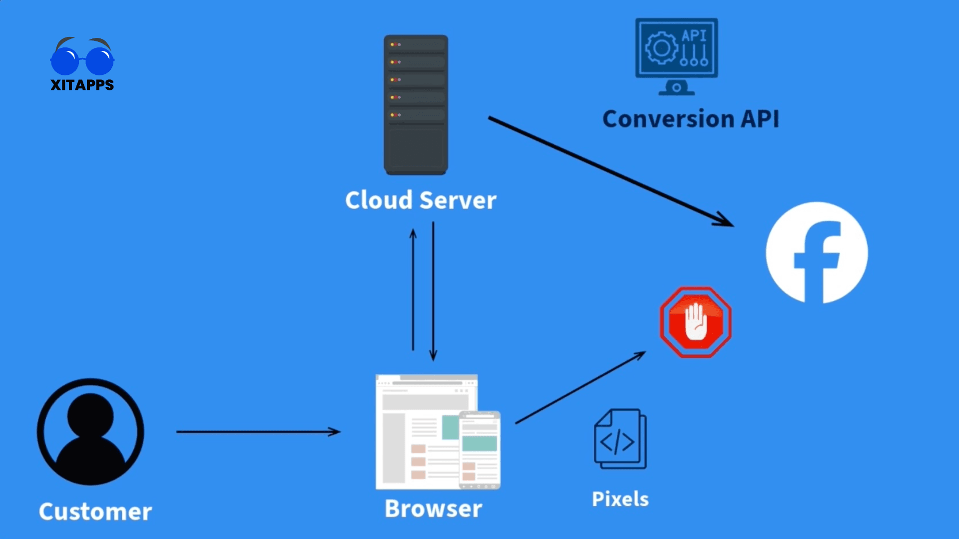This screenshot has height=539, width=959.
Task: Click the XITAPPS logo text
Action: point(82,85)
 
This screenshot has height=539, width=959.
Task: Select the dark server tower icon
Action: point(416,105)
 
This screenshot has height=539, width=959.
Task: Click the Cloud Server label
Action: point(421,200)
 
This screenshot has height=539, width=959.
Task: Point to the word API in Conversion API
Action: point(760,119)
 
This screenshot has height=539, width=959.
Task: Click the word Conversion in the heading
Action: point(668,119)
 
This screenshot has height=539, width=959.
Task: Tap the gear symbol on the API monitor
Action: point(661,48)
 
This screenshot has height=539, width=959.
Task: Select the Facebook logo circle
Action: point(817,253)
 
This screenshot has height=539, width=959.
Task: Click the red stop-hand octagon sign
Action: point(695,322)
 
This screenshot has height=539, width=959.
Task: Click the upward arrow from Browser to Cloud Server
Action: point(413,289)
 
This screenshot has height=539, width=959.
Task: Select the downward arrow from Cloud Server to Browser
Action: point(433,289)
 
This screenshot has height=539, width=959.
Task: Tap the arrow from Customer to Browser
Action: point(257,432)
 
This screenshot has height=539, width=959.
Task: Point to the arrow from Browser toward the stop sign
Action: point(579,388)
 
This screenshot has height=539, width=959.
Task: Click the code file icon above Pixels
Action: point(620,439)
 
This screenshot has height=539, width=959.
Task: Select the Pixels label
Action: point(620,499)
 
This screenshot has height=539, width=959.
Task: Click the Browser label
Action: point(433,509)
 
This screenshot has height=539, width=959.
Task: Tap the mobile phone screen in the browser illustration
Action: point(479,449)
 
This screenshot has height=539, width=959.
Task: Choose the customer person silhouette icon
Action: point(90,432)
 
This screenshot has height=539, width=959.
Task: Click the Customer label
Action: point(95,512)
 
